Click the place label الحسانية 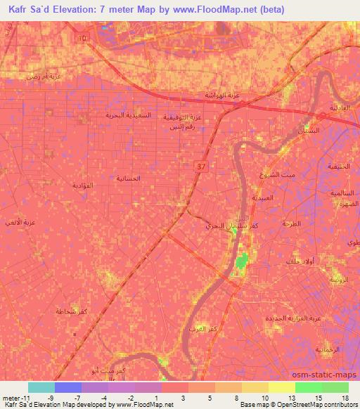pyautogui.click(x=127, y=178)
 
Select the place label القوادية pyautogui.click(x=83, y=185)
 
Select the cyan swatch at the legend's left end pyautogui.click(x=41, y=387)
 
